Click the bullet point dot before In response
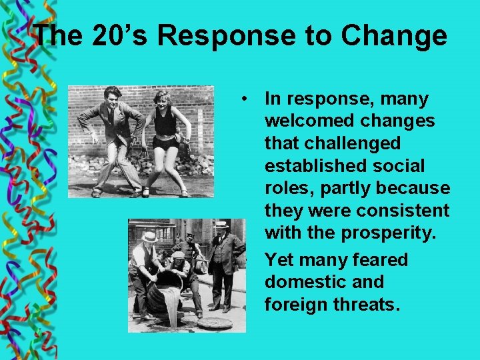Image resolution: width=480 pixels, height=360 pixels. click(x=246, y=99)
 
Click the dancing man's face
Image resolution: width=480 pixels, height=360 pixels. click(x=113, y=98)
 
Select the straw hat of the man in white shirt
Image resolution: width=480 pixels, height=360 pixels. click(x=149, y=237)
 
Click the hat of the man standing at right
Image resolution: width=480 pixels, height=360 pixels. click(x=221, y=225)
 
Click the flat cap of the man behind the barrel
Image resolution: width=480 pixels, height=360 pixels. click(x=178, y=255)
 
